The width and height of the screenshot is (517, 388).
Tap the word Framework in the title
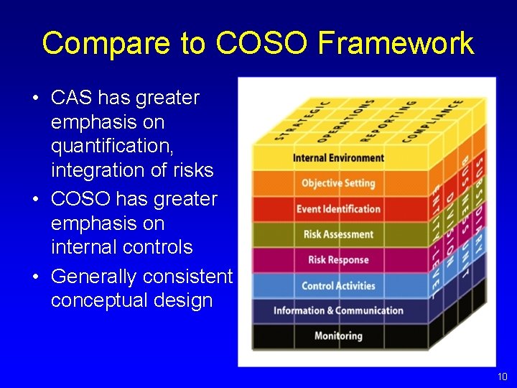click(x=396, y=43)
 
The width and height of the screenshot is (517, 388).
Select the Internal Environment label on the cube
click(x=338, y=158)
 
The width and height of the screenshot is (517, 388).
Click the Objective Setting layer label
click(x=337, y=183)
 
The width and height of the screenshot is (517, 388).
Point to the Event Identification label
click(x=338, y=209)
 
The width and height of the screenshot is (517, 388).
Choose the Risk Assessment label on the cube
click(x=338, y=234)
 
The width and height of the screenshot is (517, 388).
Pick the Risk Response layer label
click(x=338, y=259)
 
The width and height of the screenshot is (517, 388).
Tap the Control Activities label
click(x=338, y=285)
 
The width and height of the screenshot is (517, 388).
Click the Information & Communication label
click(x=338, y=310)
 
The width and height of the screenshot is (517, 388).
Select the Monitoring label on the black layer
click(x=338, y=336)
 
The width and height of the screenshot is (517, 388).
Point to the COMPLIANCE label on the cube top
click(x=432, y=120)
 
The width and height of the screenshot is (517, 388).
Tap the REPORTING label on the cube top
click(x=388, y=120)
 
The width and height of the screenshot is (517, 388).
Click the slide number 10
click(x=501, y=377)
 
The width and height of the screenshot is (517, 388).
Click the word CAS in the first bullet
click(x=73, y=98)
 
